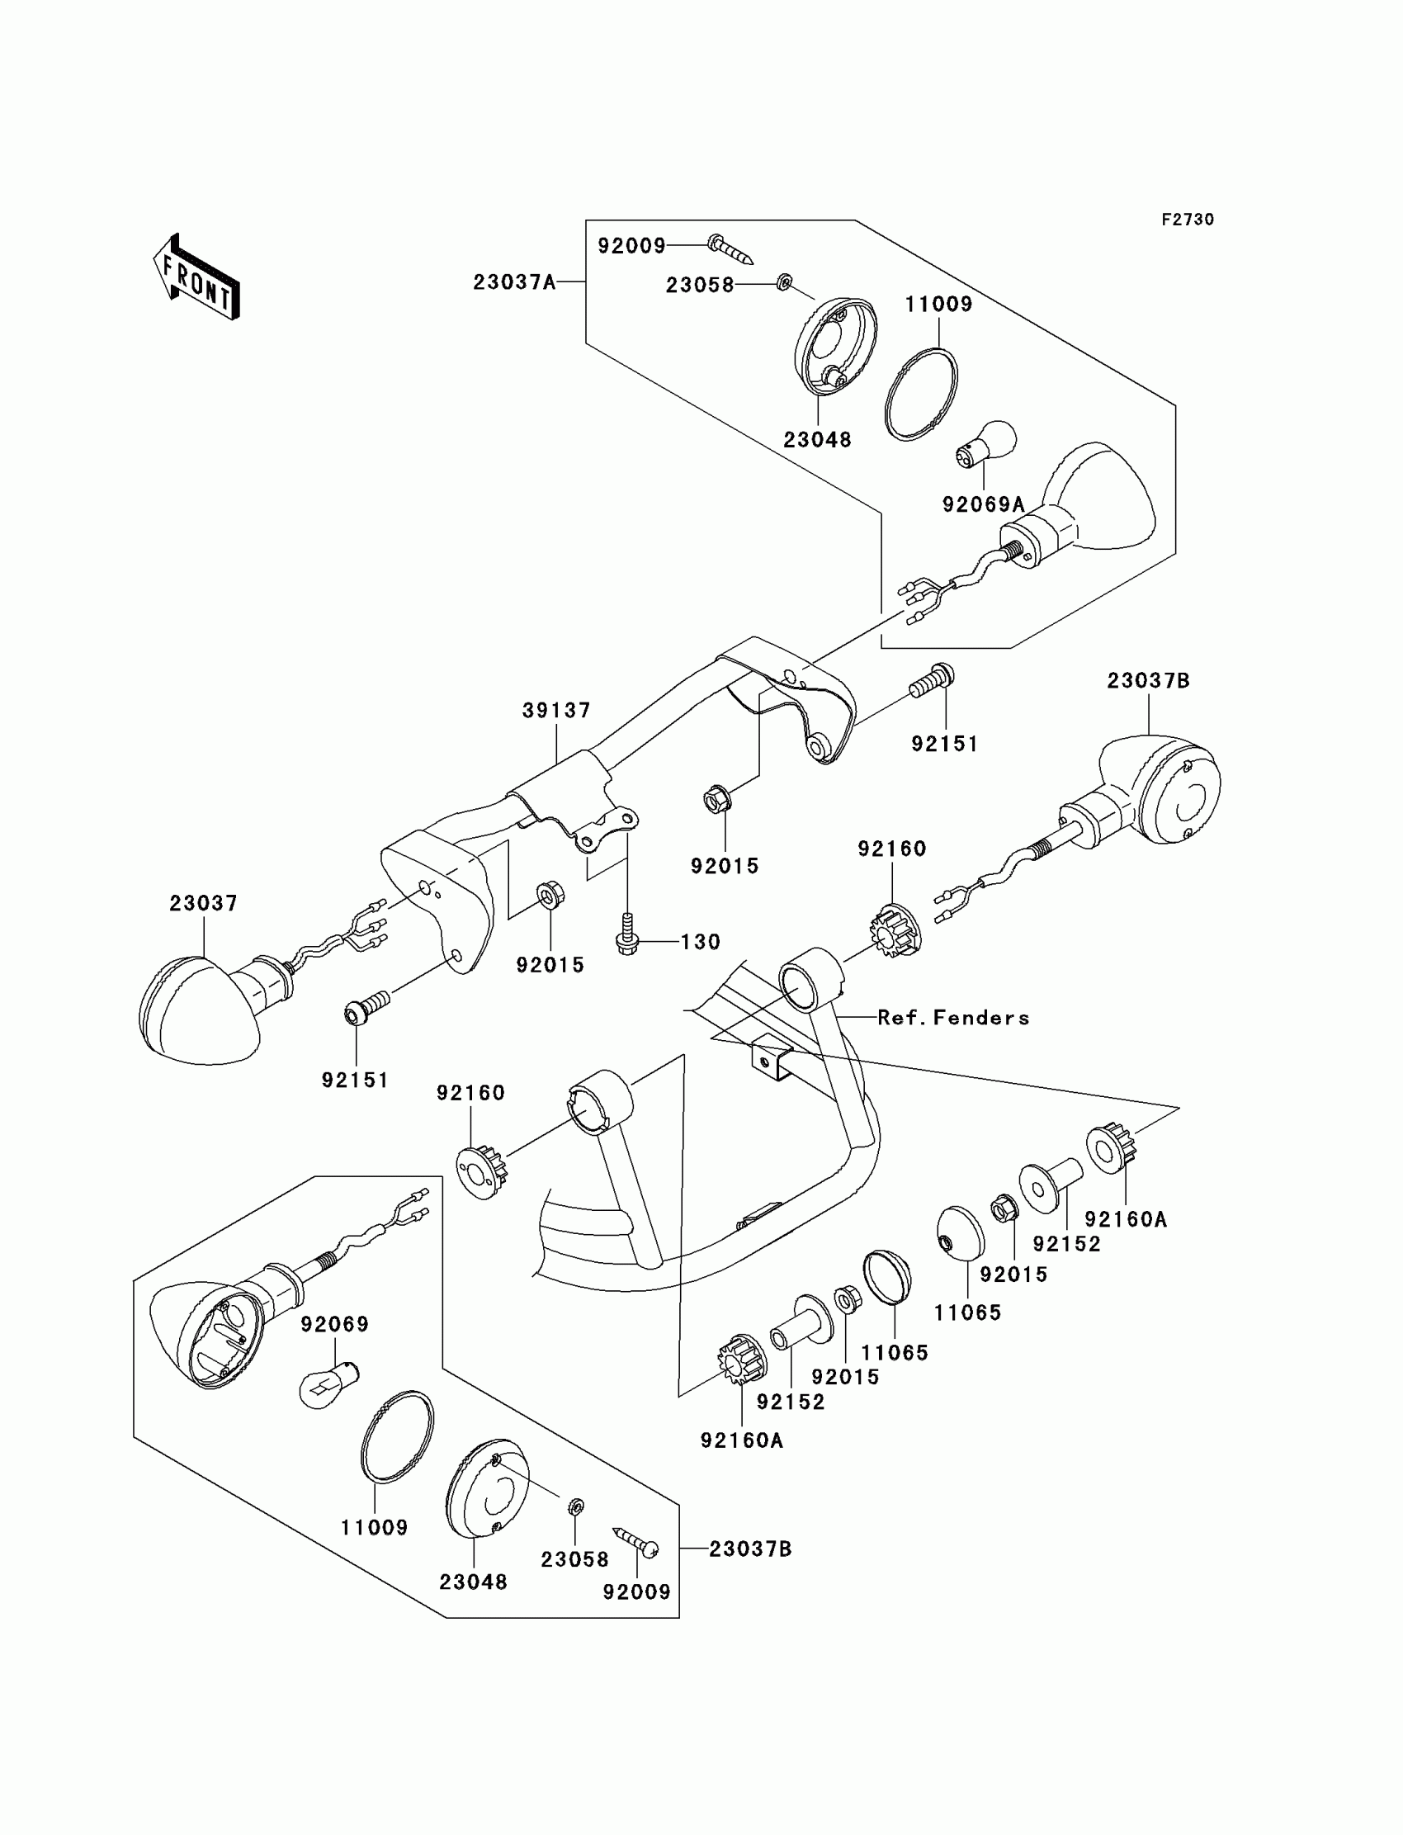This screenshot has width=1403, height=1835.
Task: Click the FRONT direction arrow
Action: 197,278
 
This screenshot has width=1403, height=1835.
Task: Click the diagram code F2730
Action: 1187,220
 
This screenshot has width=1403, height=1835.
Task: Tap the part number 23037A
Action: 513,282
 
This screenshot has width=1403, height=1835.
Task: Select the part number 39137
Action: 556,711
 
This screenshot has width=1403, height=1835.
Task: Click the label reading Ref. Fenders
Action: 953,1017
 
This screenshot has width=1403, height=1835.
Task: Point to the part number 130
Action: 700,942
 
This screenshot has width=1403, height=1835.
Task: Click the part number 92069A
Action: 983,504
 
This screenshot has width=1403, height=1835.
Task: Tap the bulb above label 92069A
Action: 987,442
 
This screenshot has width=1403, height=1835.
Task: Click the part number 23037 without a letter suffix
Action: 203,903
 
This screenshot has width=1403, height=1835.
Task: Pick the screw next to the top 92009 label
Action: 730,249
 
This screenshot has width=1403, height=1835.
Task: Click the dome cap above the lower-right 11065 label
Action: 961,1232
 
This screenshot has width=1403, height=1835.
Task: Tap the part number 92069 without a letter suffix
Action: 334,1324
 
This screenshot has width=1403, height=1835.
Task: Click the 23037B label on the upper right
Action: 1147,681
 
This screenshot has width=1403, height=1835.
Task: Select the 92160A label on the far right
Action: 1125,1219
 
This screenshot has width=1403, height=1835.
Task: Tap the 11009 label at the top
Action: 938,304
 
